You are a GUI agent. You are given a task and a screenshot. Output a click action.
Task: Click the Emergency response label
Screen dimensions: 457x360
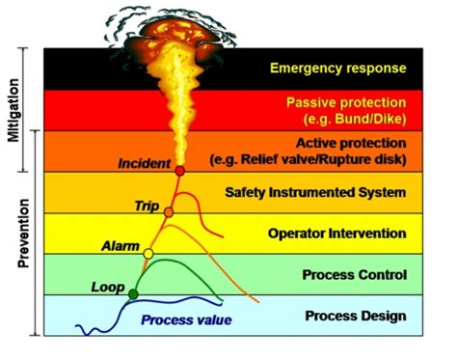[x=337, y=69]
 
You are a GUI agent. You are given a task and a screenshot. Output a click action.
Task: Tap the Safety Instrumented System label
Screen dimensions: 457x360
[x=340, y=193]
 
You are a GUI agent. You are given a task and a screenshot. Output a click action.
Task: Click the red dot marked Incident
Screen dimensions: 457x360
[x=180, y=171]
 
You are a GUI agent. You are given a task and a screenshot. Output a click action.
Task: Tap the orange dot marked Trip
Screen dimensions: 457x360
[x=169, y=211]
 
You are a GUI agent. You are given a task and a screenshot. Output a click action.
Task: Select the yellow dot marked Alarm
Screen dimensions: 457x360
[x=148, y=253]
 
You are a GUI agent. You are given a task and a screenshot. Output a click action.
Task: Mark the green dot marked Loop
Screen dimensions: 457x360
[x=133, y=293]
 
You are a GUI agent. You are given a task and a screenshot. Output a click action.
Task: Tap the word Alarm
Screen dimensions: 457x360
[x=121, y=247]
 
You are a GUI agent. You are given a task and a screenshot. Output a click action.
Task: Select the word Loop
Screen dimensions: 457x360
[x=107, y=287]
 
